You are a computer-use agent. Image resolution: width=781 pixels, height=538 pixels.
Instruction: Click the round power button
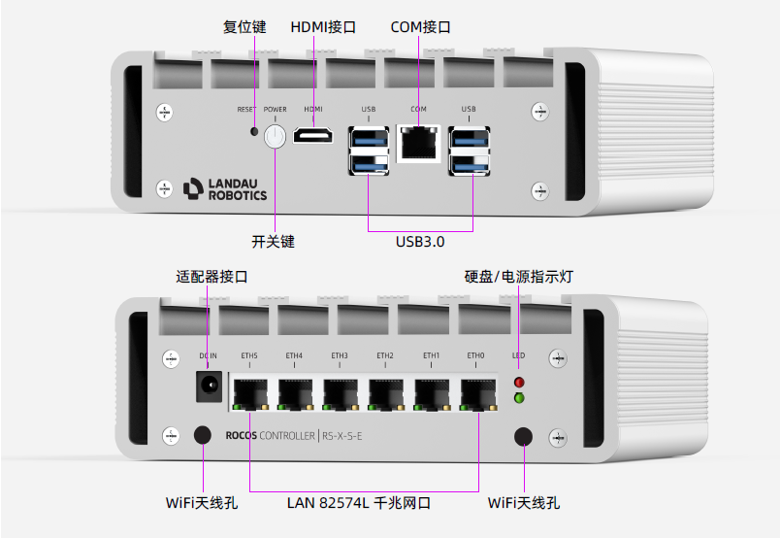275,136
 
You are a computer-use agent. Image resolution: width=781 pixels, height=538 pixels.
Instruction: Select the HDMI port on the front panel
313,137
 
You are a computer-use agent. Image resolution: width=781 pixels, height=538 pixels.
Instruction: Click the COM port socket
418,143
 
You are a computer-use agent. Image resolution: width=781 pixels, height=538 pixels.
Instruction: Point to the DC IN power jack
208,386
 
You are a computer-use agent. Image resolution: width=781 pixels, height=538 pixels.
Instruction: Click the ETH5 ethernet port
249,391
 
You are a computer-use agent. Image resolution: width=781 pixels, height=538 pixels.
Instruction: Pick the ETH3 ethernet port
340,391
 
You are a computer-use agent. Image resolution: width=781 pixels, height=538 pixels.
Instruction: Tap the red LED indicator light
519,383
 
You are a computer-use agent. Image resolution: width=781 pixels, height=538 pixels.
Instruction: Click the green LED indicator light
519,398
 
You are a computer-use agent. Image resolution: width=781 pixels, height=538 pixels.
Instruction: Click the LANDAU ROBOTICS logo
224,188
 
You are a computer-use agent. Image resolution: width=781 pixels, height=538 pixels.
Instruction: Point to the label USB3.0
420,241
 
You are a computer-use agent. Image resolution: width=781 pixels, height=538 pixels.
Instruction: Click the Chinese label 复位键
244,27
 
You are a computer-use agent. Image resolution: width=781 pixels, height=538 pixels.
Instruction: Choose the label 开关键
273,241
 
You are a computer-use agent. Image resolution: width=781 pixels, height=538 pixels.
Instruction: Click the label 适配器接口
212,277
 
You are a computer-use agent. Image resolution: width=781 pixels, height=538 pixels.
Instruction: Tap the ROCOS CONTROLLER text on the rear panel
257,435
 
